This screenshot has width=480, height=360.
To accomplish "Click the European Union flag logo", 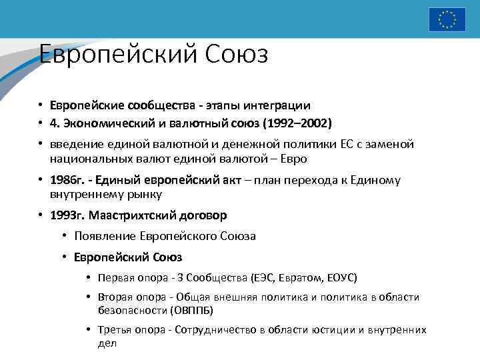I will click(447, 19).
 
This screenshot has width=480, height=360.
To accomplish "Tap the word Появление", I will click(105, 236).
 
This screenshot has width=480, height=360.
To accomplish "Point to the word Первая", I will click(114, 277).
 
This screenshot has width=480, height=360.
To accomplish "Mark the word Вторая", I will click(114, 297).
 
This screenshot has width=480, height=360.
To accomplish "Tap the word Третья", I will click(114, 330).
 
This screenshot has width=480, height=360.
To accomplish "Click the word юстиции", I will click(345, 330).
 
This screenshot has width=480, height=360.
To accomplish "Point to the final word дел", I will click(107, 343).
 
